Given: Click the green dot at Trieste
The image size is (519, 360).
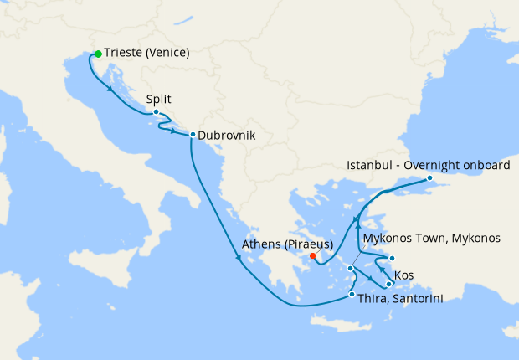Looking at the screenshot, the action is coord(98,54).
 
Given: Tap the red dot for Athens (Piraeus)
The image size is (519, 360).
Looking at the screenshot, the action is coord(312,256).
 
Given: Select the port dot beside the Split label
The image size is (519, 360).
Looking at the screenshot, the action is coord(157,111).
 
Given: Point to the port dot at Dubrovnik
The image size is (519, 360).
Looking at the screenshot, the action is coord(193,135).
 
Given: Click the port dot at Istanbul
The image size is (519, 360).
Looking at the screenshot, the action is coord(429,177).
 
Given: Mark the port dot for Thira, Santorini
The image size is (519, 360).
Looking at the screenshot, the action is coord(352,294).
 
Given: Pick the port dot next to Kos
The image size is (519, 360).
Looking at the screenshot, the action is coord(388,284).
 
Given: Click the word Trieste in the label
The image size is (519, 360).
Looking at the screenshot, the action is coord(124,53).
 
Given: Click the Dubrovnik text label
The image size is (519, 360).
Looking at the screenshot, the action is coord(226,135).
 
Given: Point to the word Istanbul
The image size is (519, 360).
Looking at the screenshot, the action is coord(368,166).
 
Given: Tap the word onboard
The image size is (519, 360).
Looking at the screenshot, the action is coord(486,166).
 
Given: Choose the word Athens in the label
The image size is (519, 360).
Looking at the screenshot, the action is coord(261,244).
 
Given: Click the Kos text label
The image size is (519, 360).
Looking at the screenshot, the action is coord(403,275).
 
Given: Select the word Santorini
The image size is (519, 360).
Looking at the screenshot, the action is coord(415,298).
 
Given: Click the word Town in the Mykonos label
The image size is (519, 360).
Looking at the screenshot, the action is coord(432,239).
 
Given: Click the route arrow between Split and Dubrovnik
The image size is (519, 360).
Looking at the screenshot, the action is coord(173,131).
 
